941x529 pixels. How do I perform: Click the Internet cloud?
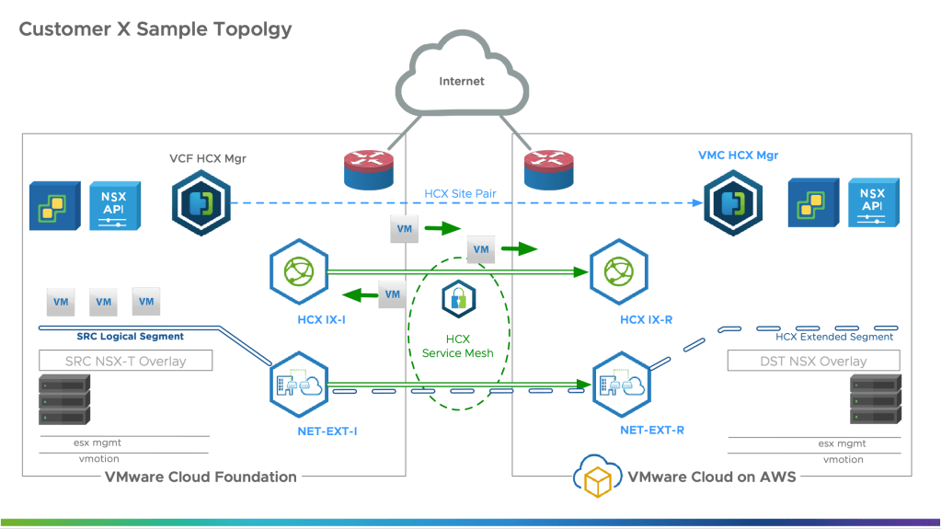point(461,77)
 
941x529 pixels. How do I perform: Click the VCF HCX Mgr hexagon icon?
point(201,201)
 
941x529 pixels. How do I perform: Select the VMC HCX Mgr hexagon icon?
point(733,201)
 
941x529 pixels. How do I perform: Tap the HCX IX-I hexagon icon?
point(299,272)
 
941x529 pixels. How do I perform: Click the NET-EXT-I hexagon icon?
point(299,385)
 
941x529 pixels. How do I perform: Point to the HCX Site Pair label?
point(460,194)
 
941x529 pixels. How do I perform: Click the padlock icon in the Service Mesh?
point(457,299)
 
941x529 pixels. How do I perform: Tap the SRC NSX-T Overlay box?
point(125,360)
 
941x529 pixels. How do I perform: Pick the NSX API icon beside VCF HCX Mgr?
point(115,203)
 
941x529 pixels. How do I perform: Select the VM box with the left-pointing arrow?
point(393,294)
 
